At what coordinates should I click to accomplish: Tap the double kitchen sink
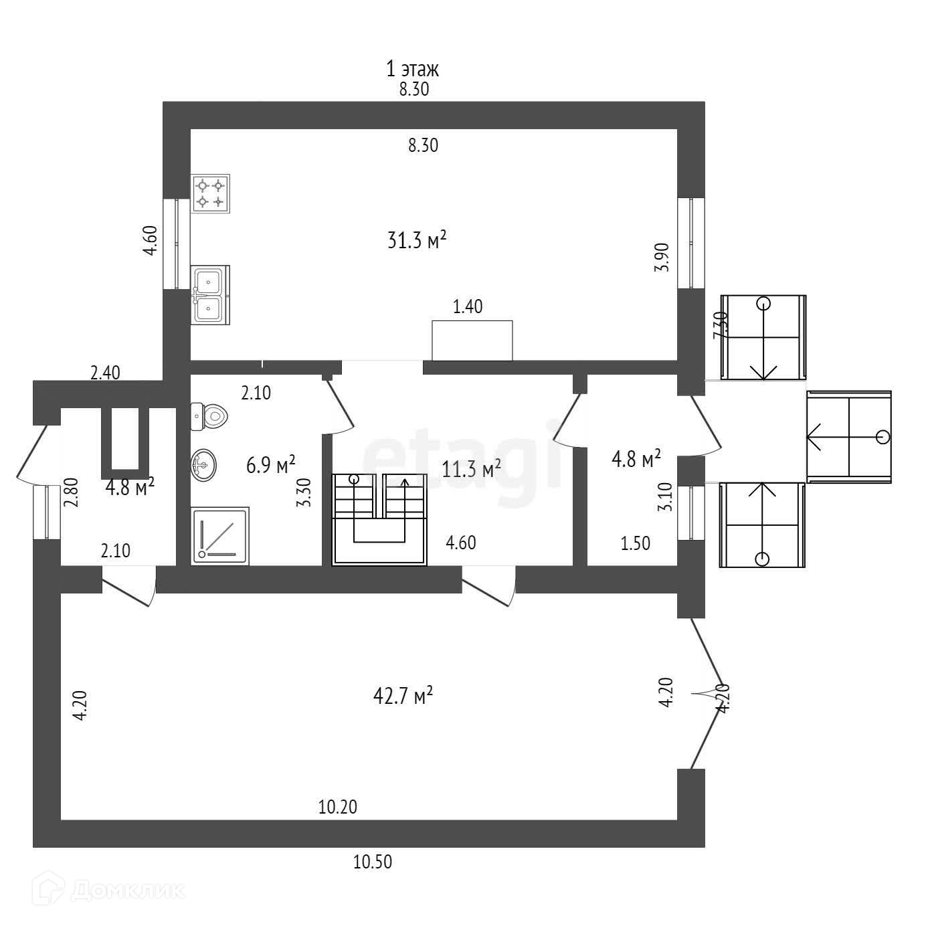[x=210, y=295]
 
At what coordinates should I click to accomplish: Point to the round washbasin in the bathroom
[x=204, y=465]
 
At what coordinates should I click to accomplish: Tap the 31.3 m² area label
[x=417, y=240]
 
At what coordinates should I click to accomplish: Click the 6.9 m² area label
[x=270, y=464]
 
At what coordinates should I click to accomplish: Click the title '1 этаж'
[x=412, y=69]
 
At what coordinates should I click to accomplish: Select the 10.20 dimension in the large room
[x=338, y=808]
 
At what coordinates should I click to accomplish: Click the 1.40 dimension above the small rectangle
[x=468, y=307]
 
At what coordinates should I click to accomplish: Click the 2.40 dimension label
[x=105, y=373]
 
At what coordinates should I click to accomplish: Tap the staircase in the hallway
[x=379, y=519]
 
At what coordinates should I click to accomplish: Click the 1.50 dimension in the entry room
[x=636, y=543]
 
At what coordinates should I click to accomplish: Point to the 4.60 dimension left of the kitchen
[x=150, y=241]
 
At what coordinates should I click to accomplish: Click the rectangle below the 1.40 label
[x=472, y=341]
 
